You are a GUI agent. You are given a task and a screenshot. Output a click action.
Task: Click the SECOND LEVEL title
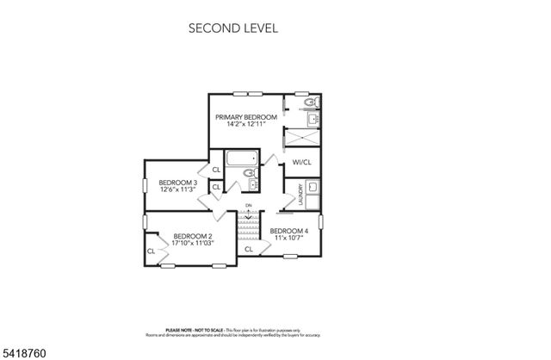(x=232, y=28)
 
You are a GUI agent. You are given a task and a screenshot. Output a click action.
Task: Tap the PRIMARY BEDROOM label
(x=246, y=116)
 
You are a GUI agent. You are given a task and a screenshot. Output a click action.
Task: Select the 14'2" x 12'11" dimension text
(x=246, y=124)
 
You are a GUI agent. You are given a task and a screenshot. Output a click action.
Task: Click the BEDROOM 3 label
(x=178, y=183)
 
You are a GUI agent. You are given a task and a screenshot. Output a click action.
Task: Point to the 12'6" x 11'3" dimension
(x=178, y=189)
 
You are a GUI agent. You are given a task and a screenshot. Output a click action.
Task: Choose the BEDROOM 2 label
(x=192, y=236)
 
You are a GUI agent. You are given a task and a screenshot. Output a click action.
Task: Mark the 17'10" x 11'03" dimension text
(x=192, y=243)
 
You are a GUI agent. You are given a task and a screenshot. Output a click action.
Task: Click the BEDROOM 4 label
(x=288, y=231)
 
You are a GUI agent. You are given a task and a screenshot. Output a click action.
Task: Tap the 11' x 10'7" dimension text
(x=288, y=238)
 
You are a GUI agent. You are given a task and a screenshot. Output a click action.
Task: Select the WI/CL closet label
(x=301, y=162)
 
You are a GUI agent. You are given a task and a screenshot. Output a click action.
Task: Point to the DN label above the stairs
(x=248, y=205)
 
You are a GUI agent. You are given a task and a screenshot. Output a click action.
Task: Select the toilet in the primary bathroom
(x=313, y=104)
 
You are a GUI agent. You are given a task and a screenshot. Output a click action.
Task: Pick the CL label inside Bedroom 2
(x=151, y=251)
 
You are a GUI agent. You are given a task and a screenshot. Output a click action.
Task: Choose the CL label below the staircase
(x=248, y=249)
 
